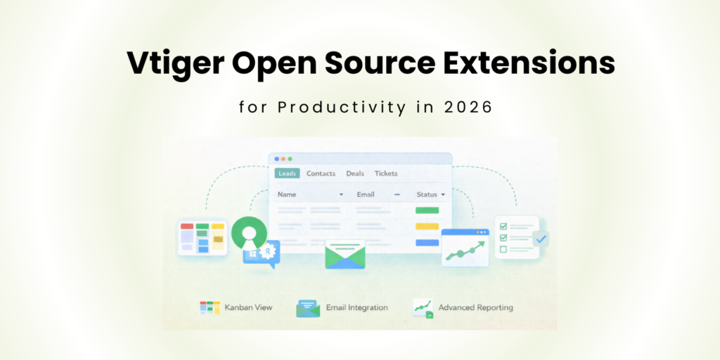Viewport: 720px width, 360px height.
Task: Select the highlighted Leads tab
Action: (287, 173)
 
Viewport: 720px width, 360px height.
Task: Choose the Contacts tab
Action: (321, 173)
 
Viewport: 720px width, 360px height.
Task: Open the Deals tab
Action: (355, 173)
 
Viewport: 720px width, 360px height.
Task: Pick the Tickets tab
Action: (386, 173)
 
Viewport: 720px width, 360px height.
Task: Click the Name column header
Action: (287, 194)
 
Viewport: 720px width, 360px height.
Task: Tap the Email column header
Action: (366, 194)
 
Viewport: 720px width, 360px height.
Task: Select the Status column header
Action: (426, 194)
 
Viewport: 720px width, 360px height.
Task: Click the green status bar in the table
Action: (427, 210)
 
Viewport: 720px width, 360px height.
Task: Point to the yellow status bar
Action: (427, 226)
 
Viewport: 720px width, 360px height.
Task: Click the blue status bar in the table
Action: (427, 243)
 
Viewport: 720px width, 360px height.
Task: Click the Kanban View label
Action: (248, 307)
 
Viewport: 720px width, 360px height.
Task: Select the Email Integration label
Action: (356, 307)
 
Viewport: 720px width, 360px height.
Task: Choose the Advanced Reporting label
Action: (475, 307)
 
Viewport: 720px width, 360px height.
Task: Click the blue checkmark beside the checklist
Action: (540, 239)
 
